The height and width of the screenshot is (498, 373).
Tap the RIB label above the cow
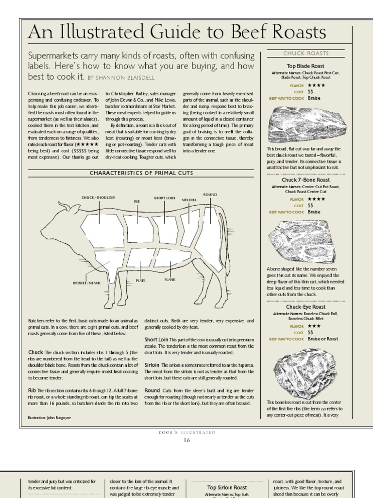click(137, 200)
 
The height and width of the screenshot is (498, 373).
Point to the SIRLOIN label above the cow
click(188, 200)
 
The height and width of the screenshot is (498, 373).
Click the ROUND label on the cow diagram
click(210, 194)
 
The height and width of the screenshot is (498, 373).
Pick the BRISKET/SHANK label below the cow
click(86, 283)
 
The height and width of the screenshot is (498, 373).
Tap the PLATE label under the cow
click(140, 281)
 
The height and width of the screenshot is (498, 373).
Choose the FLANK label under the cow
click(170, 280)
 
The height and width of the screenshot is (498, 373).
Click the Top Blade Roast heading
click(305, 66)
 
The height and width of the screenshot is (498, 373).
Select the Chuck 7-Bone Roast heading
click(305, 180)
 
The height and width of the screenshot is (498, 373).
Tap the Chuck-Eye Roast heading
click(305, 307)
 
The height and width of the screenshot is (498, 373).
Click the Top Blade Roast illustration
click(305, 125)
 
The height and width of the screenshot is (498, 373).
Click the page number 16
click(186, 440)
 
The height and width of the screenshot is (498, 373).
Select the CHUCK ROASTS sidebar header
click(305, 53)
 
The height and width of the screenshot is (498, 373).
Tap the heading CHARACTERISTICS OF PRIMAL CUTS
click(141, 173)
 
